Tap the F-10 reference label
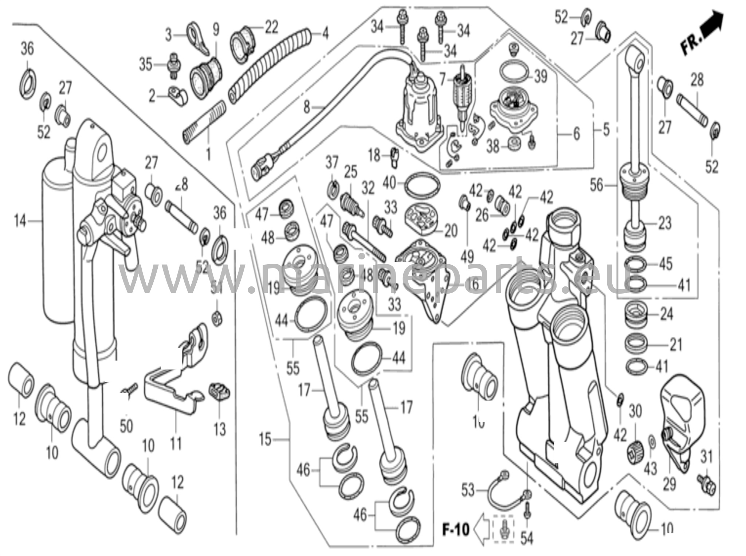(x=456, y=529)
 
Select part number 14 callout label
(x=20, y=221)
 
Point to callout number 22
(x=271, y=27)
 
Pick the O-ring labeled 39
(x=514, y=73)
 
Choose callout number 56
(x=596, y=185)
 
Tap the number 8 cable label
(x=307, y=108)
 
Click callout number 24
(x=667, y=314)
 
